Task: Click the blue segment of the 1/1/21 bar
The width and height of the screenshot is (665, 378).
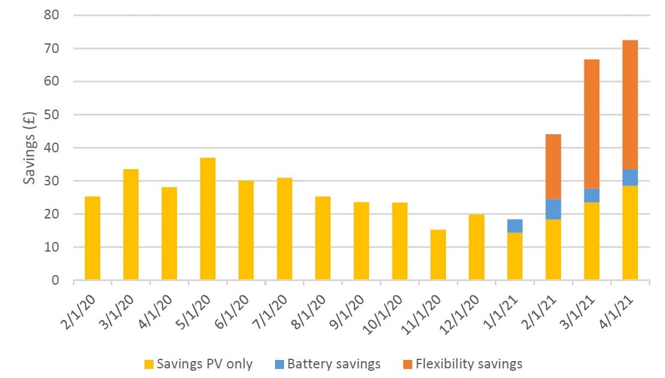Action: [515, 226]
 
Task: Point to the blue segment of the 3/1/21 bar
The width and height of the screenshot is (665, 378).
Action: [592, 196]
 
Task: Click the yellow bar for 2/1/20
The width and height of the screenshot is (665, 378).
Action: [92, 238]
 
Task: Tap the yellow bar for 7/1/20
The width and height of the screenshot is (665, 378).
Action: [284, 229]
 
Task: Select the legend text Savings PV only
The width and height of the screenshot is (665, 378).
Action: [204, 364]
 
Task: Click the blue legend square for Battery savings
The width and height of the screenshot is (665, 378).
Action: [280, 364]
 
